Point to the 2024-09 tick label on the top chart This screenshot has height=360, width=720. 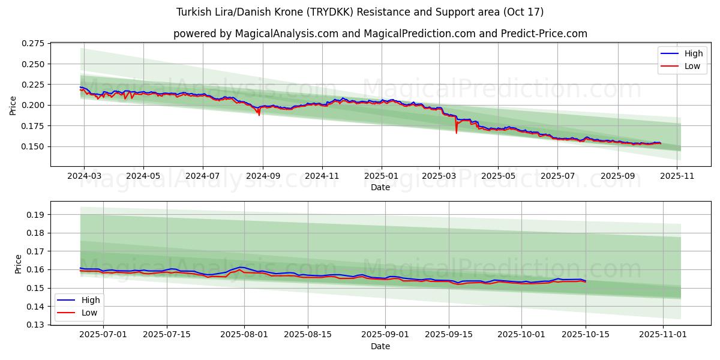263,176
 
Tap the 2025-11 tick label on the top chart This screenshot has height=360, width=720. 677,176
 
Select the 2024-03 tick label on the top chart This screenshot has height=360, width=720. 84,176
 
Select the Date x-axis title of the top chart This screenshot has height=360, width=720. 380,187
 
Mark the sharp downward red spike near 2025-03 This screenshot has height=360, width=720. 456,132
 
